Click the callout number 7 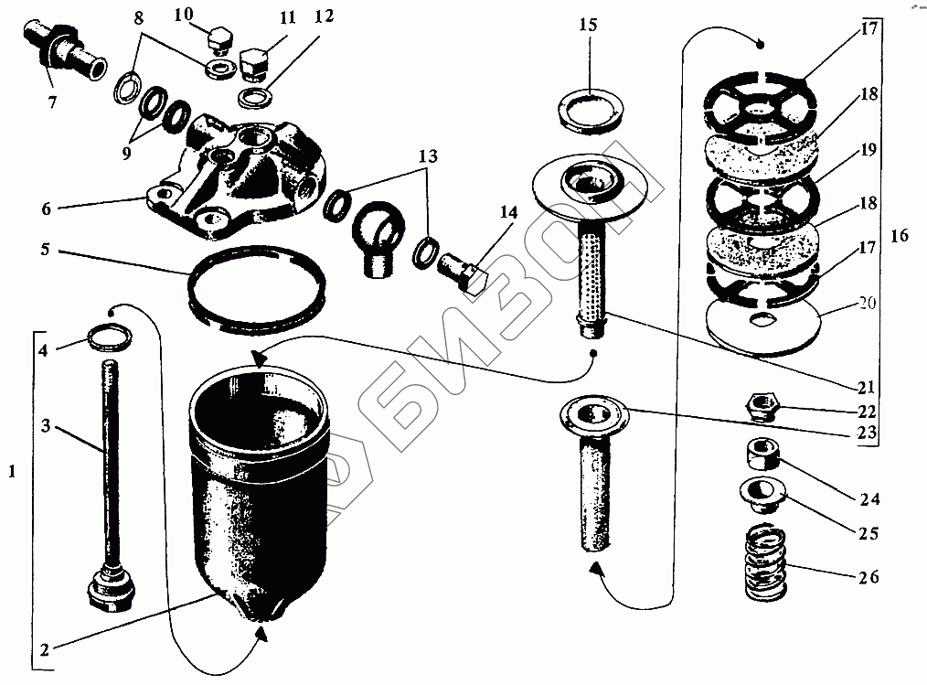[x=52, y=102]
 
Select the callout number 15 [x=587, y=25]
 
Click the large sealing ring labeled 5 [x=257, y=285]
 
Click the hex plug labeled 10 [x=218, y=42]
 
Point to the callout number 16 [x=900, y=236]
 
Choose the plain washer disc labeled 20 [x=766, y=326]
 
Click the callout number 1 [x=11, y=473]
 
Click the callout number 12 [x=296, y=16]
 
